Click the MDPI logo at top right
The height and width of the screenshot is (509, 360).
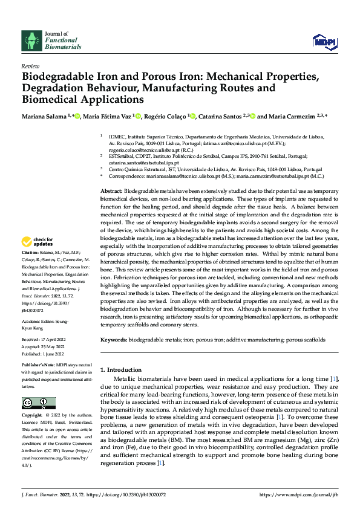(x=324, y=41)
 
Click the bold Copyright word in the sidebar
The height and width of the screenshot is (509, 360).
(x=31, y=417)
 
